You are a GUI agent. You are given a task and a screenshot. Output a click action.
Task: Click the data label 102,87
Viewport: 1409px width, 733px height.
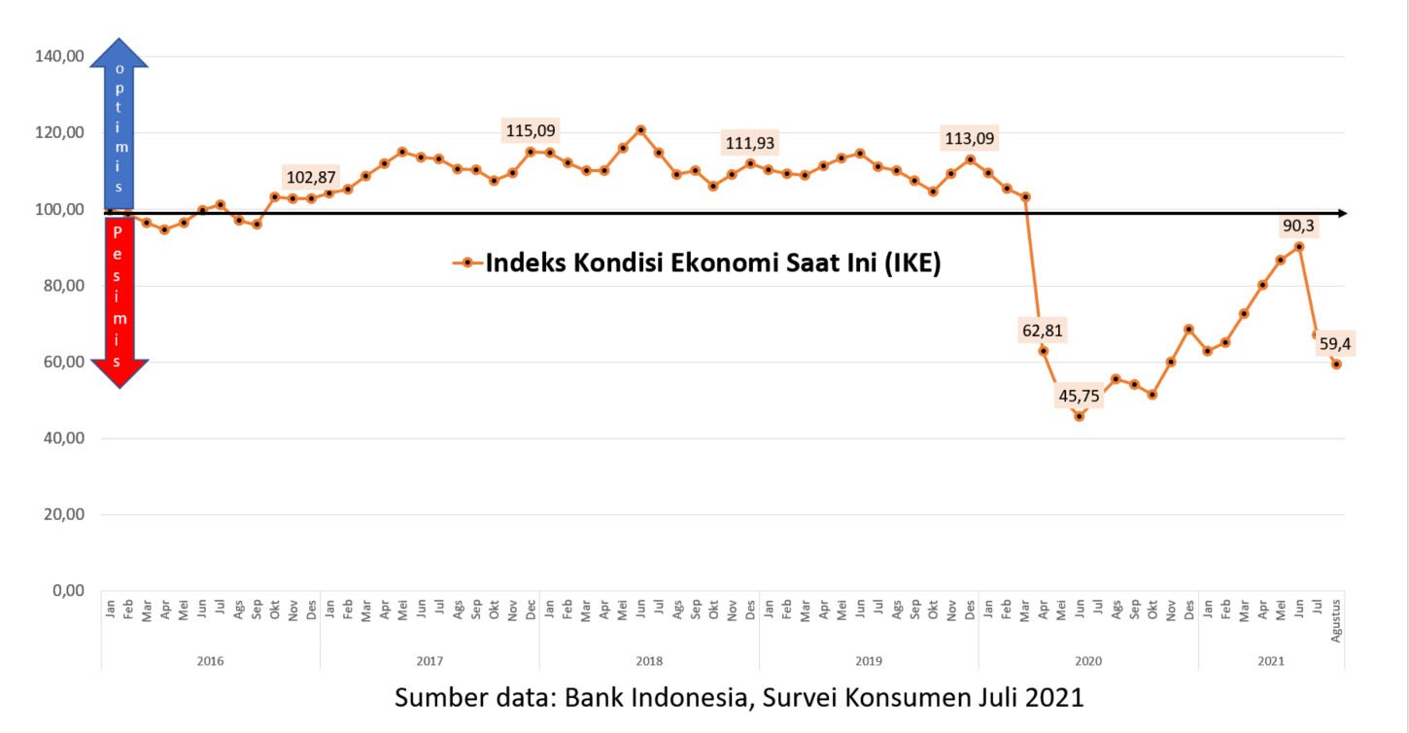coord(311,177)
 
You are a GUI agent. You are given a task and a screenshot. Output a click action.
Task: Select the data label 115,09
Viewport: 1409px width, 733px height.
coord(532,130)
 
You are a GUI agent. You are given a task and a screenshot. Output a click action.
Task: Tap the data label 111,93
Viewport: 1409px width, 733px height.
coord(750,144)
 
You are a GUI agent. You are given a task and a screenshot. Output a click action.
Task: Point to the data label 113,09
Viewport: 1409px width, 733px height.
coord(970,139)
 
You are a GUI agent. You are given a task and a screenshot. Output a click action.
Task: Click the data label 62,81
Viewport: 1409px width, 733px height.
coord(1043,331)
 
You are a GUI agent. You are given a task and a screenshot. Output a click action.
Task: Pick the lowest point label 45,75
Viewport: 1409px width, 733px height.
coord(1080,396)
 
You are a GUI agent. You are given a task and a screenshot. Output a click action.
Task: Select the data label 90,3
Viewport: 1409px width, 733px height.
coord(1298,226)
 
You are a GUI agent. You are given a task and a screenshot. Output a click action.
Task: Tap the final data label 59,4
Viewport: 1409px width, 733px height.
coord(1336,343)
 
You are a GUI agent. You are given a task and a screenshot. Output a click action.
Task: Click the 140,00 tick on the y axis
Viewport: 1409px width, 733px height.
coord(60,56)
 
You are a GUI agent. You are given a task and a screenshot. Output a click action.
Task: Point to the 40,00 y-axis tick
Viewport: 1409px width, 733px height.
coord(62,438)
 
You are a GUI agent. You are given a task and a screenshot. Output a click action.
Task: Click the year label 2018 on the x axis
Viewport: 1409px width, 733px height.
coord(649,661)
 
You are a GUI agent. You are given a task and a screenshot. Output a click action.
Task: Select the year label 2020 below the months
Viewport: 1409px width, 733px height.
coord(1088,661)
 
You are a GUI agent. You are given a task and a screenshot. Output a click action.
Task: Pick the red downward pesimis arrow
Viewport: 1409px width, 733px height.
coord(120,301)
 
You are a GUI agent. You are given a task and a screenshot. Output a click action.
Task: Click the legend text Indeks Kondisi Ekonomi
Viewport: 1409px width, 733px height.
coord(712,263)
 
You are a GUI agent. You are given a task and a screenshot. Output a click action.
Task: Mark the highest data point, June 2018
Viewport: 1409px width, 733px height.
coord(640,129)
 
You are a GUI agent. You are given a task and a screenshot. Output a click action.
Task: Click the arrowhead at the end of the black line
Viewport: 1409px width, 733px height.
coord(1341,213)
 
